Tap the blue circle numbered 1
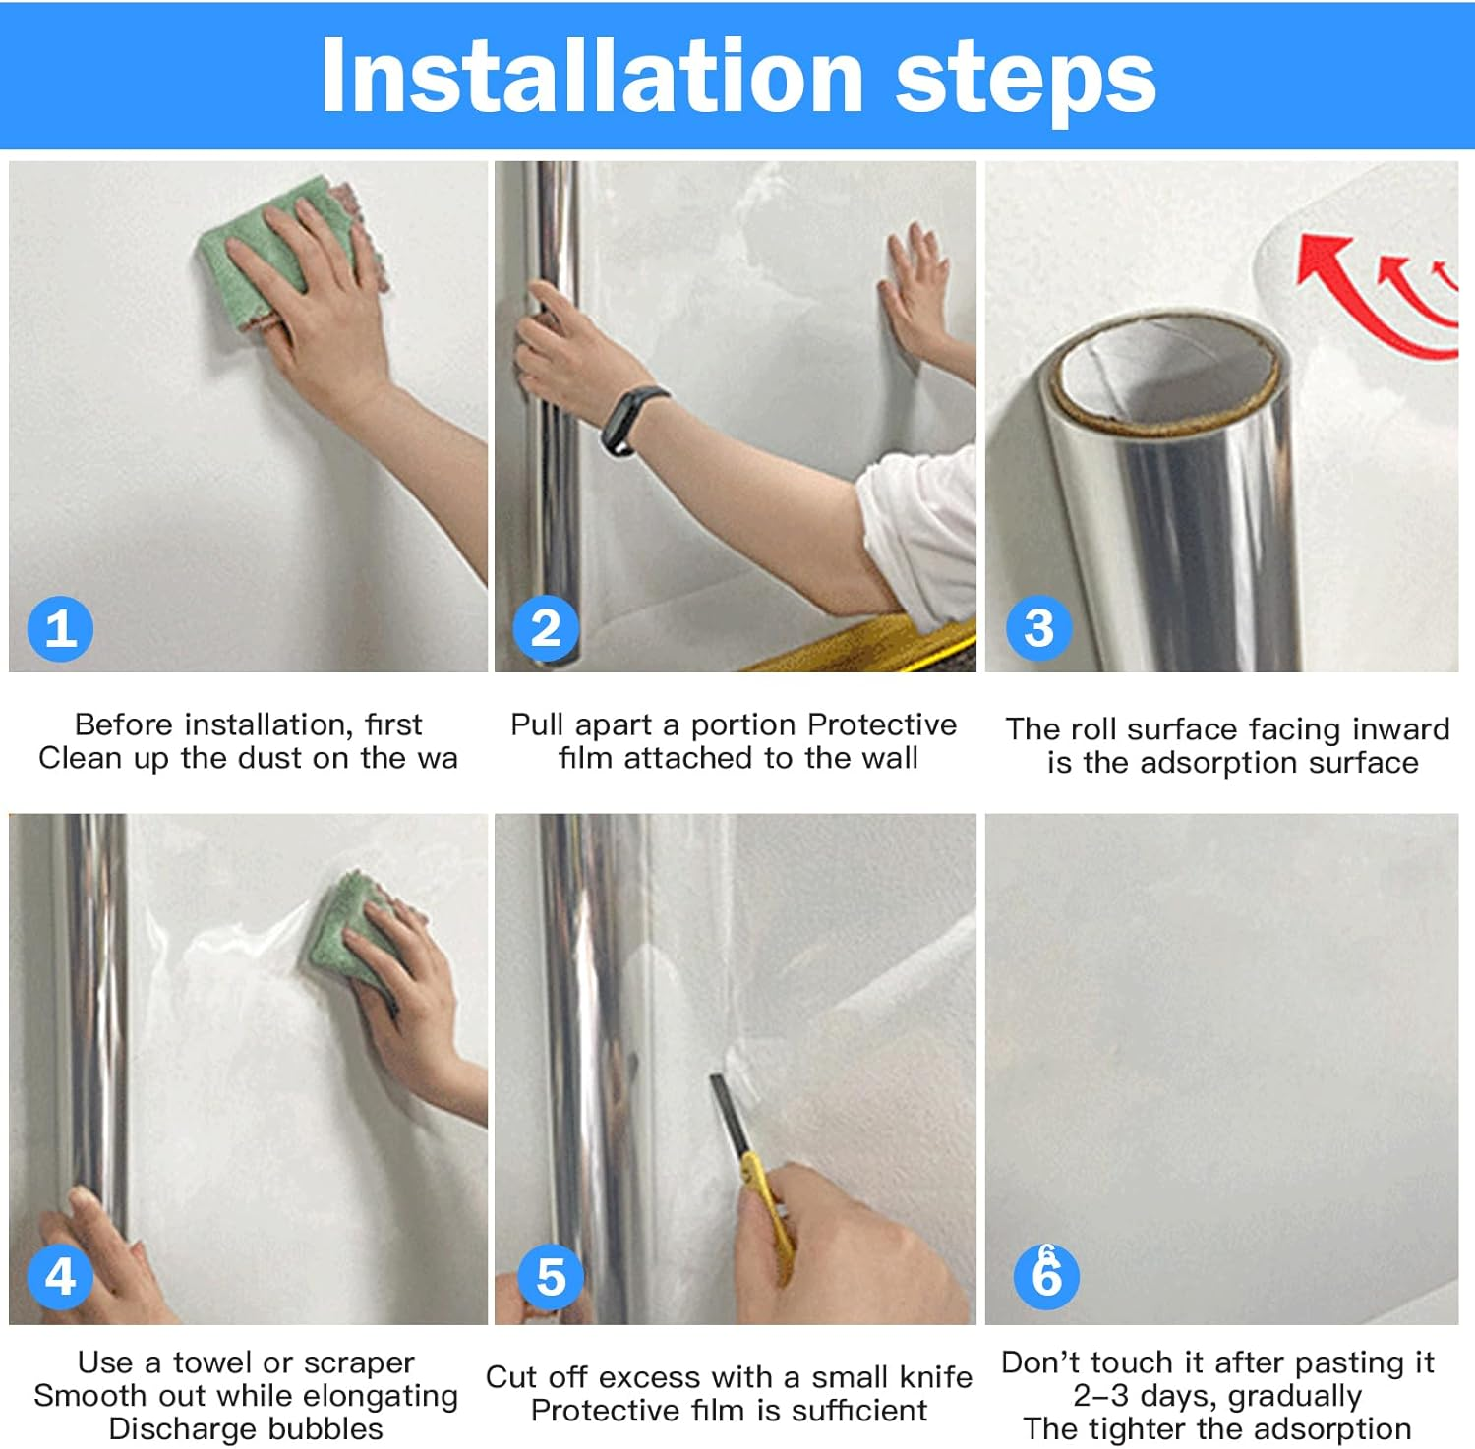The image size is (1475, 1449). click(x=60, y=628)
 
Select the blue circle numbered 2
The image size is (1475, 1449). click(x=546, y=628)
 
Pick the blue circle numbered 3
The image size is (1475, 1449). click(x=1038, y=628)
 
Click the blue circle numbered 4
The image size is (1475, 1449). click(x=60, y=1276)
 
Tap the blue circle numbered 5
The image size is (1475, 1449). click(x=551, y=1276)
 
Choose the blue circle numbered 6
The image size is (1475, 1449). click(x=1046, y=1276)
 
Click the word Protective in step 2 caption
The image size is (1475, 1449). click(x=881, y=724)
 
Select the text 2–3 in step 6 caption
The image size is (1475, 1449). click(x=1101, y=1396)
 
